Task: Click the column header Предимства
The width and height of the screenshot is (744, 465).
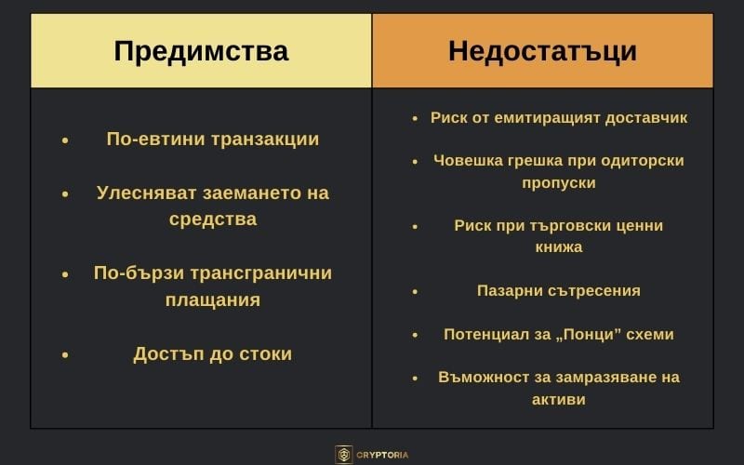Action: [201, 51]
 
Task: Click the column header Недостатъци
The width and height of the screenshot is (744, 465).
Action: [542, 51]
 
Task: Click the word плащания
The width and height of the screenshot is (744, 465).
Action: [212, 300]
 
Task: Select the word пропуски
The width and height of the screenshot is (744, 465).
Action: [558, 183]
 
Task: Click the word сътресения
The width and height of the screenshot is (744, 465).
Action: [593, 290]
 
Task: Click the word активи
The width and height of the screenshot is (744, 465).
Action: [558, 399]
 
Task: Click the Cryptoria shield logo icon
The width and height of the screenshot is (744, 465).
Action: [344, 455]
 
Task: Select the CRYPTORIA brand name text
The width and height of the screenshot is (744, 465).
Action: [382, 455]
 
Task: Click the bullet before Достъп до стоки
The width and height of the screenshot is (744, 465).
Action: [65, 354]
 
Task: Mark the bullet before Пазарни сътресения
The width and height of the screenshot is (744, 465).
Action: [416, 291]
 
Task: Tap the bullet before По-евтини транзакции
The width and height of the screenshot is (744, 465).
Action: [65, 139]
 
